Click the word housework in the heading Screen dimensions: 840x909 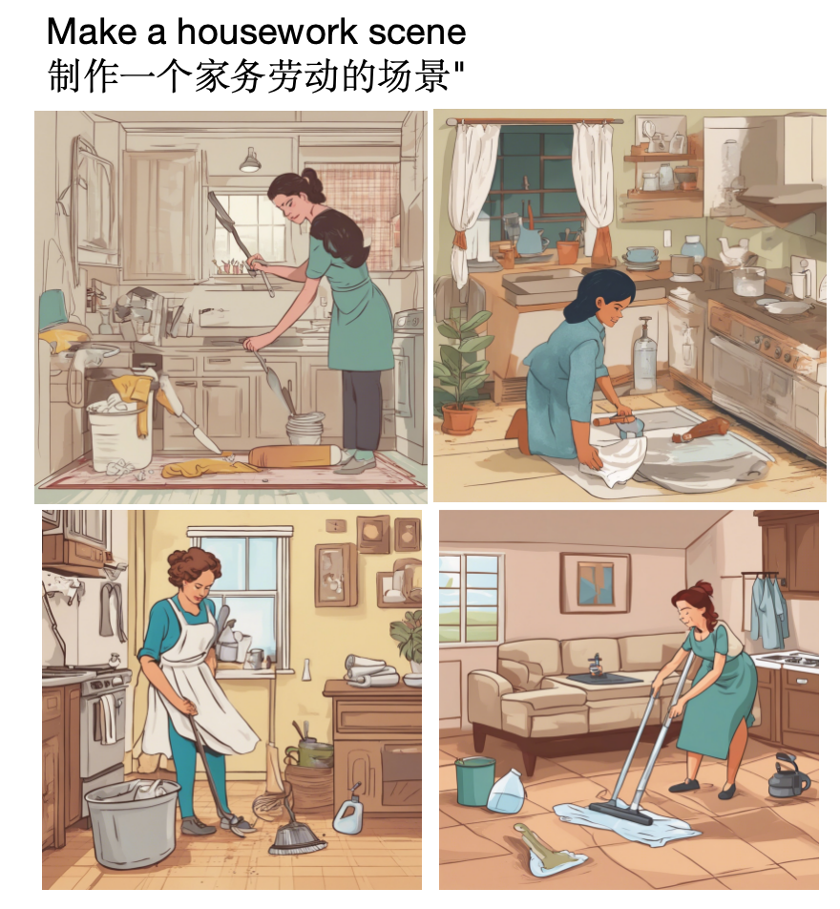tap(267, 32)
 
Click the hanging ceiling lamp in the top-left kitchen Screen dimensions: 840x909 tap(250, 160)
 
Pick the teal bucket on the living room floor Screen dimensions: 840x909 tap(474, 781)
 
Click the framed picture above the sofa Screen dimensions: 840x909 tap(595, 582)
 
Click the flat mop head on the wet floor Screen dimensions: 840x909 tap(620, 813)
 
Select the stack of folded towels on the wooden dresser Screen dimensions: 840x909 tap(370, 670)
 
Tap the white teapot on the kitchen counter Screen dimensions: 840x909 tap(731, 251)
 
